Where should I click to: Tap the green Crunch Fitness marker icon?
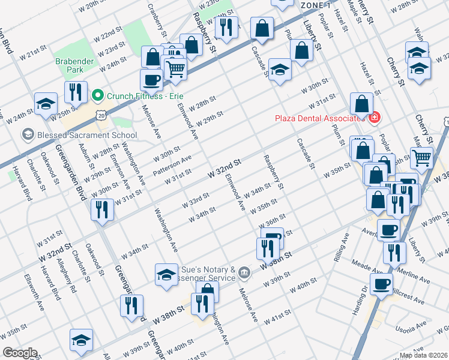click(97, 95)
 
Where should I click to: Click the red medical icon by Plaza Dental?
click(375, 117)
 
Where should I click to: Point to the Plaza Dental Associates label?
click(322, 118)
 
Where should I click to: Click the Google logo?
click(20, 353)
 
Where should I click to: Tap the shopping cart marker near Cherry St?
click(422, 158)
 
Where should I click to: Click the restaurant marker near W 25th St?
click(76, 92)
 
